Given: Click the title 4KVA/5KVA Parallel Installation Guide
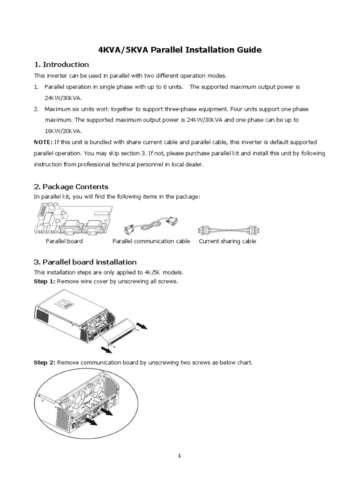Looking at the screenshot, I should (x=180, y=50).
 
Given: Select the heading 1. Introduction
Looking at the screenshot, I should (x=61, y=65).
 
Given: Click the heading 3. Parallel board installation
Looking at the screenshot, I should (x=85, y=262).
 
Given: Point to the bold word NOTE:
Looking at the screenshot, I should (x=43, y=142).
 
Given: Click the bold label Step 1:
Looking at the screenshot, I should (x=45, y=281).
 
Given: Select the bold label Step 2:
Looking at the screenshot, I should (x=45, y=362).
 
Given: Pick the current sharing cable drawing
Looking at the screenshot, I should (x=227, y=230).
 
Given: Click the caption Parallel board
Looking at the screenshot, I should (x=64, y=241).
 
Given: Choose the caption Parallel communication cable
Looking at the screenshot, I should (x=151, y=241).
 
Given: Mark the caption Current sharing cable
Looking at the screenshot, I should (x=227, y=241).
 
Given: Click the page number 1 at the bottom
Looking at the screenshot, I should (x=180, y=455).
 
